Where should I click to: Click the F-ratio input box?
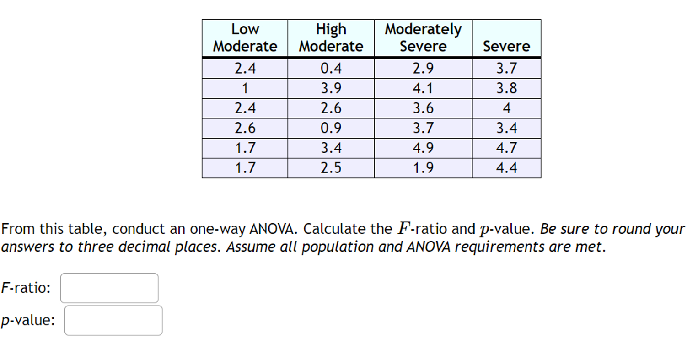109,288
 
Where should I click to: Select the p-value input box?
113,320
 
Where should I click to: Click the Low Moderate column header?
245,38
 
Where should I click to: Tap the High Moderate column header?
331,38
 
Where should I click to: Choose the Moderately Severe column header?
423,38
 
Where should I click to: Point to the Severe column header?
506,46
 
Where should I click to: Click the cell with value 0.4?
331,68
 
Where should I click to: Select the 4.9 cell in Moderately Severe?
423,148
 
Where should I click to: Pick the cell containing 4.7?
506,148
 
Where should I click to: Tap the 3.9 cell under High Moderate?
331,88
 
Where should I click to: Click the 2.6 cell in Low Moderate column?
245,128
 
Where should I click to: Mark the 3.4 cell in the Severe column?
506,128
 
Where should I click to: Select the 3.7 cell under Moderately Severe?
423,128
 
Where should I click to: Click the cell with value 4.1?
423,88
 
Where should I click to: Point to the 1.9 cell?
423,168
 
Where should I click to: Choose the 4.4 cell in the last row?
506,168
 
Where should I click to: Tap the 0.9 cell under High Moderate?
331,128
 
